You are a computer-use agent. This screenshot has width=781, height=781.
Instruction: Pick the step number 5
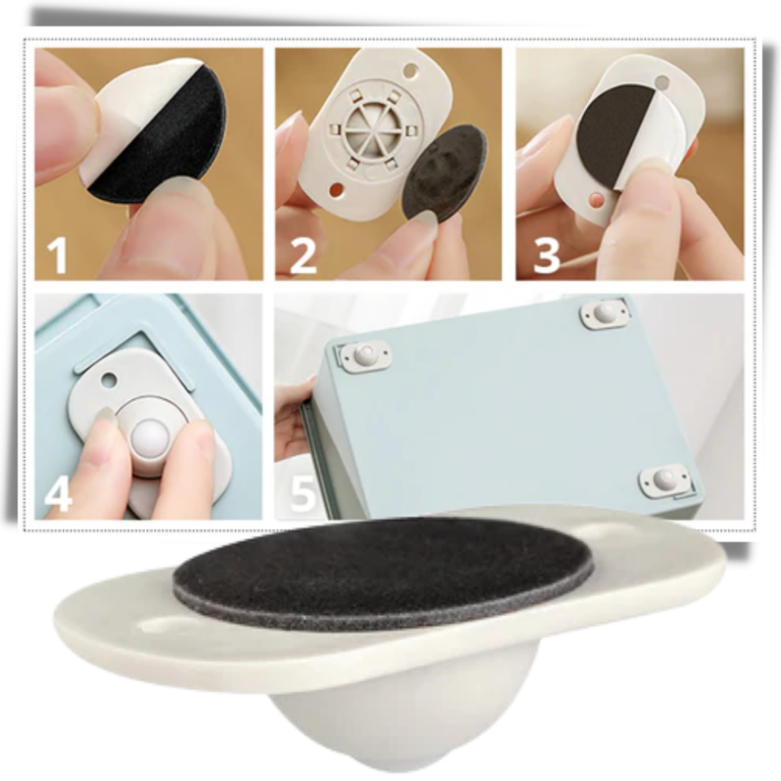coord(303,492)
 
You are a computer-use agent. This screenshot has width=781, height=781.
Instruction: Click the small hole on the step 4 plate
coord(109,379)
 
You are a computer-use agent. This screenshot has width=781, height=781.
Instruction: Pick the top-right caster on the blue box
coord(605,314)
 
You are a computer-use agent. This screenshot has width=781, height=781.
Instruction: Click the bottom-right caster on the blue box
coord(663,481)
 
